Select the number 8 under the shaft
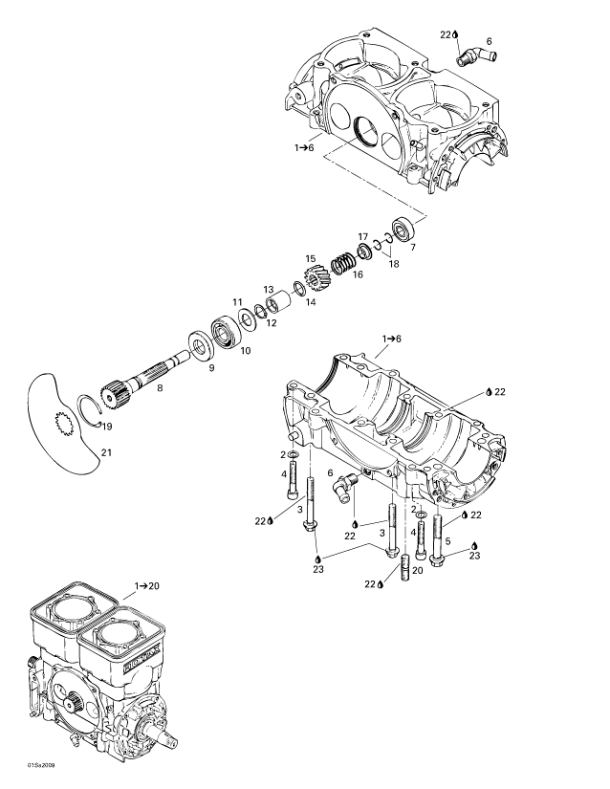[160, 387]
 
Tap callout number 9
[211, 368]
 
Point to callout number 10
[245, 351]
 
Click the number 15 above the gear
[310, 258]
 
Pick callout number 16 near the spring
[359, 274]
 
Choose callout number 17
[363, 235]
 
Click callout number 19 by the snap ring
[108, 427]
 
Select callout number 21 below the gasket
[107, 451]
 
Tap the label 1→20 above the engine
[146, 582]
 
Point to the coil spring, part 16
[343, 261]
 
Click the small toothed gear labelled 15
[316, 281]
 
